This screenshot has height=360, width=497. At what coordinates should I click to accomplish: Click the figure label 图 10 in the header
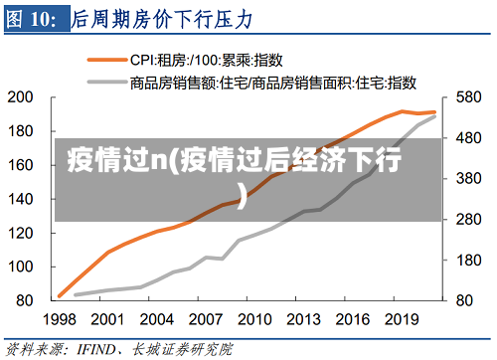[x=35, y=19]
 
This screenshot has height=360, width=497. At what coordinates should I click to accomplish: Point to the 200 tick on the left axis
[x=22, y=97]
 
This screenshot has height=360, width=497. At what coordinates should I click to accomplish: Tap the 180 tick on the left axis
[x=22, y=131]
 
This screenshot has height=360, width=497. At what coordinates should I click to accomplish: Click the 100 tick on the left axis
[x=22, y=267]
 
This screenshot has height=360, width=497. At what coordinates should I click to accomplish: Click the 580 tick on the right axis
[x=469, y=97]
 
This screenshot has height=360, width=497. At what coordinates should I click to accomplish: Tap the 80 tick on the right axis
[x=465, y=300]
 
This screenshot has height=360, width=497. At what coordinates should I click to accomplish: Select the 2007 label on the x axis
[x=206, y=320]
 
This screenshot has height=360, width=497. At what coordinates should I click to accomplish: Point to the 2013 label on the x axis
[x=303, y=320]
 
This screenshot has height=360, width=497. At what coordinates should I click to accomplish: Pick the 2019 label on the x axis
[x=401, y=320]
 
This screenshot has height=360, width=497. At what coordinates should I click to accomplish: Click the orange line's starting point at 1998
[x=60, y=296]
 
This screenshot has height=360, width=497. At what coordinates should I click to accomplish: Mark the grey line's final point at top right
[x=434, y=117]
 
